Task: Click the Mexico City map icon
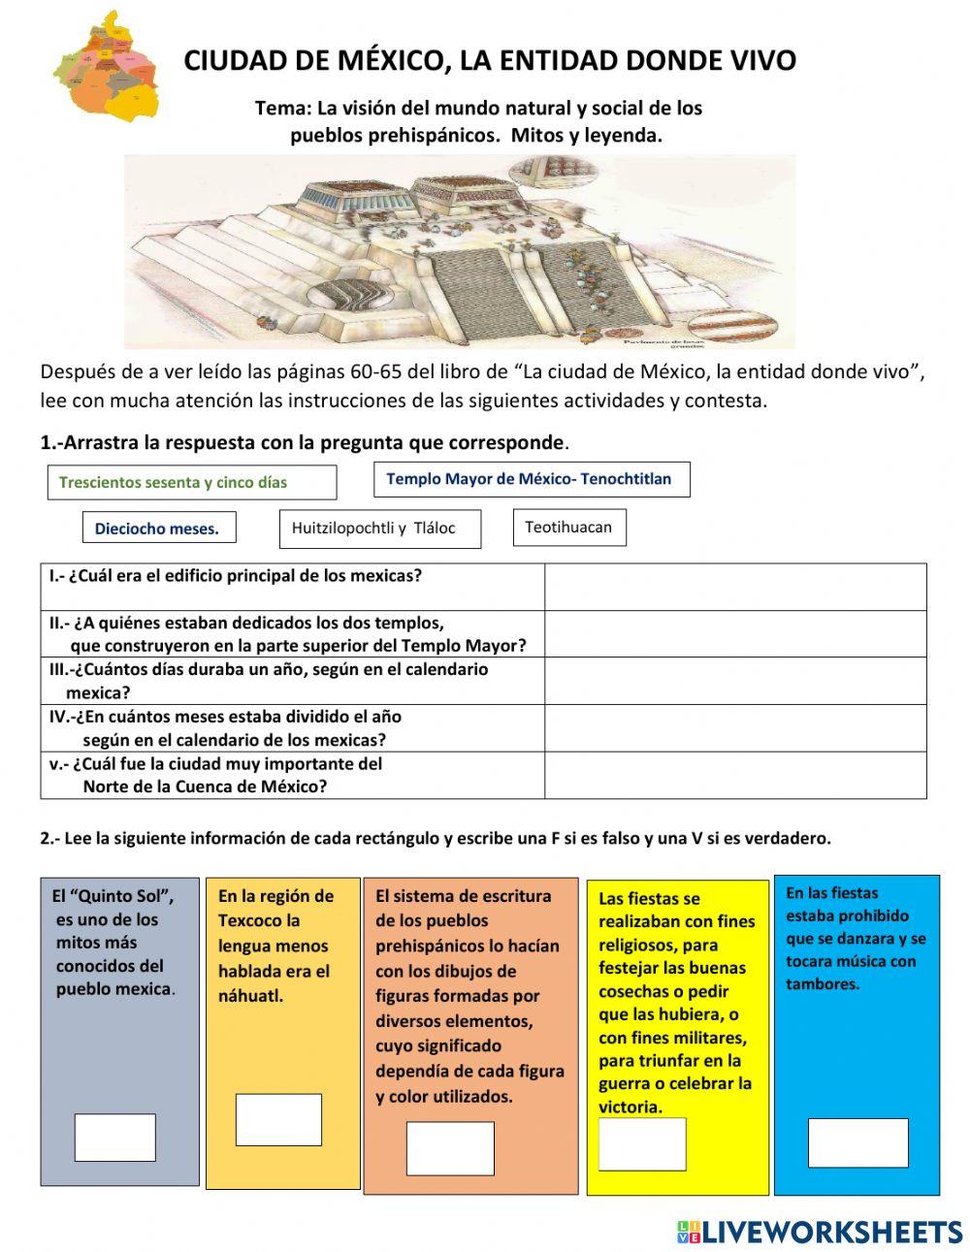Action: (106, 67)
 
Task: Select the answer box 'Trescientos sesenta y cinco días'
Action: (192, 482)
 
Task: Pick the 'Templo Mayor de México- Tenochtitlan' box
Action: (532, 479)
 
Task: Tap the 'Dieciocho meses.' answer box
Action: (159, 528)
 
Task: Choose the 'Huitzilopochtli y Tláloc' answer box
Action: (380, 529)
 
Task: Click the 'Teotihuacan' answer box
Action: (569, 528)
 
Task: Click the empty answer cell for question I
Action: (735, 587)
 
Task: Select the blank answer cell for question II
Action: (735, 634)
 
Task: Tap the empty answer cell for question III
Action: (735, 681)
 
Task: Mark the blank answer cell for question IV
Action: (735, 728)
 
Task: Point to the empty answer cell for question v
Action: (735, 775)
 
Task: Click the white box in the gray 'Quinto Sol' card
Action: (115, 1138)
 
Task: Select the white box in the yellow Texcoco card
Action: (278, 1120)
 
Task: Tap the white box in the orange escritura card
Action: (450, 1148)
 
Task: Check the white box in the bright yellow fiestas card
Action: (642, 1144)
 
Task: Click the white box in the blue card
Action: (858, 1142)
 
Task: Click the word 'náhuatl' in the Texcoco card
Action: (249, 996)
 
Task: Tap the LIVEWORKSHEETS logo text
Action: (832, 1232)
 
